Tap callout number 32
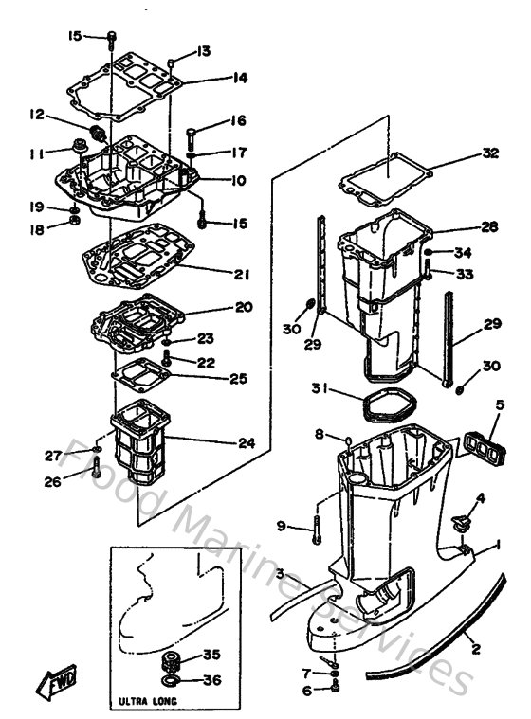coord(489,153)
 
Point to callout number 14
coord(240,78)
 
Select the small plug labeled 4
coord(459,520)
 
